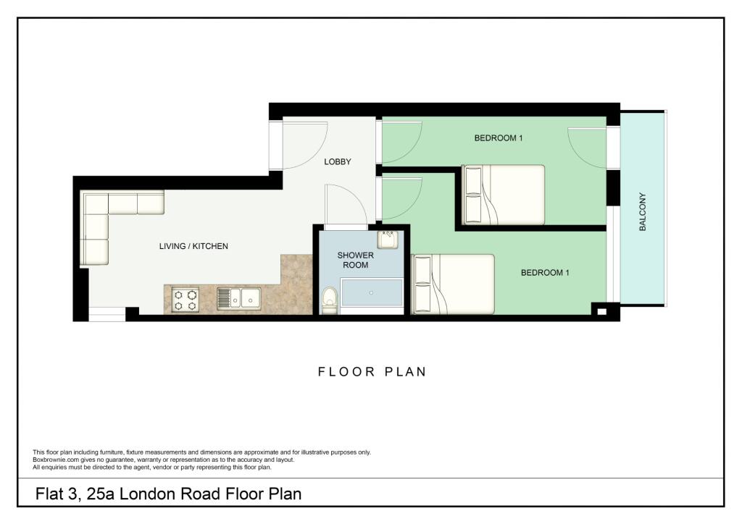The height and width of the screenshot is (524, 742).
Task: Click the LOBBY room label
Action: pos(338,161)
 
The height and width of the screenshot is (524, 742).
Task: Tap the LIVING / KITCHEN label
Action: pos(193,246)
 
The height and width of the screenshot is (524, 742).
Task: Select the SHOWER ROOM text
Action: pos(356,261)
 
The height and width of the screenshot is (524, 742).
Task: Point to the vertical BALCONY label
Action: pos(642,212)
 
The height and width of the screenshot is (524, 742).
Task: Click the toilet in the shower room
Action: pos(329,300)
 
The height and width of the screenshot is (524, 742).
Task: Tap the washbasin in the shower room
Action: pos(388,239)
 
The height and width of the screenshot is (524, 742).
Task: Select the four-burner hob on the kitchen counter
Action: pos(185,300)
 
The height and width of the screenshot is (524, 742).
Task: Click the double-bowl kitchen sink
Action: pos(239,297)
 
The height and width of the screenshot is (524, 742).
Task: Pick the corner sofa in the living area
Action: pos(109,217)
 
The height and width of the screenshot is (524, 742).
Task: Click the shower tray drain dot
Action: pos(371,293)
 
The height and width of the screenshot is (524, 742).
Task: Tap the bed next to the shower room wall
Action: pos(453,284)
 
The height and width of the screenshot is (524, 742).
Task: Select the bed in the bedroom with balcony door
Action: pos(504,195)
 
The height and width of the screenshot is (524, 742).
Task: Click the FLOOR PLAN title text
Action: pos(372,372)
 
